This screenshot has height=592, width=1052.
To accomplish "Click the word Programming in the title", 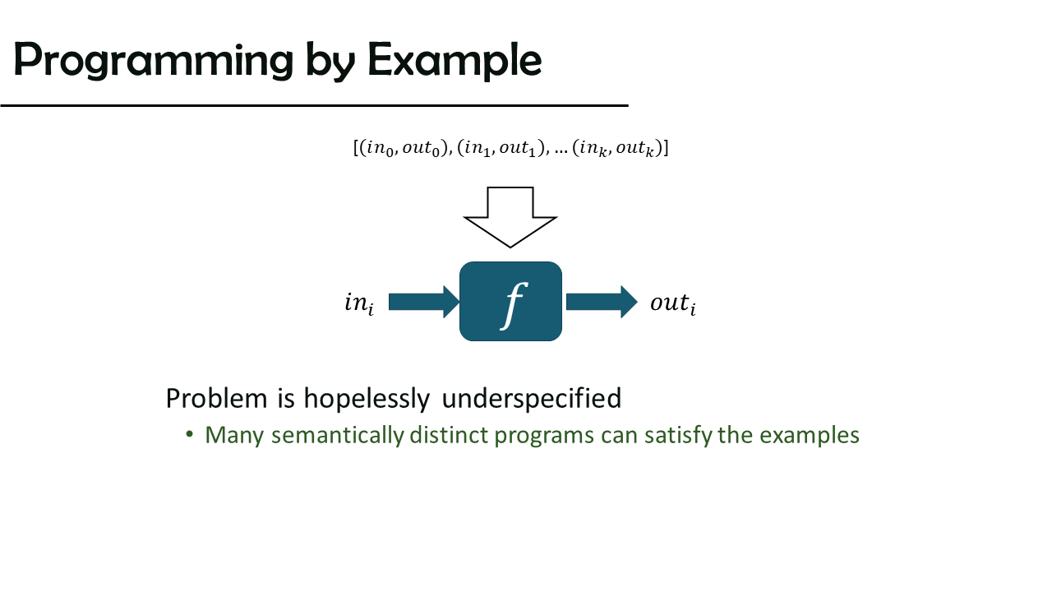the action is click(x=154, y=61).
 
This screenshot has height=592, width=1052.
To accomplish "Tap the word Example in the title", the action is click(x=454, y=61).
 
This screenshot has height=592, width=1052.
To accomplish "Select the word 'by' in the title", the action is click(x=330, y=61).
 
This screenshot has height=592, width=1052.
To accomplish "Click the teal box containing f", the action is click(x=510, y=301).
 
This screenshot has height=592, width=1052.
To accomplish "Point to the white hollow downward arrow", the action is click(x=510, y=217).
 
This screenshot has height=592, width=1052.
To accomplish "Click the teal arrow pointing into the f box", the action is click(x=424, y=302).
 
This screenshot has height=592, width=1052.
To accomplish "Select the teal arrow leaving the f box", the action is click(x=602, y=302).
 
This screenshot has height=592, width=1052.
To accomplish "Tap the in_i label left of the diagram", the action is click(x=359, y=303).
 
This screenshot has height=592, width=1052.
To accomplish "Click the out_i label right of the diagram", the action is click(x=673, y=303).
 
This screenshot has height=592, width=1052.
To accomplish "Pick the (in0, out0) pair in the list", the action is click(x=403, y=148).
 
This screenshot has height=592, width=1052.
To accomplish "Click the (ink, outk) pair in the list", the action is click(x=616, y=148).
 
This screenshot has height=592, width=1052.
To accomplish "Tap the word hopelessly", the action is click(x=367, y=399).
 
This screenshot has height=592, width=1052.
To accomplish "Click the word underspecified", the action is click(x=532, y=399).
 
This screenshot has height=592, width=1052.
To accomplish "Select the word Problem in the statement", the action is click(x=216, y=399).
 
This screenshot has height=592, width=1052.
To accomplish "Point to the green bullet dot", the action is click(x=189, y=433).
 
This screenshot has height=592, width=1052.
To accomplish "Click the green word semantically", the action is click(x=338, y=435).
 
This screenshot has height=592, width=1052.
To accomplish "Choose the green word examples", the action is click(x=810, y=436).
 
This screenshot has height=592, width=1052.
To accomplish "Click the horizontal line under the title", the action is click(x=314, y=106).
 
